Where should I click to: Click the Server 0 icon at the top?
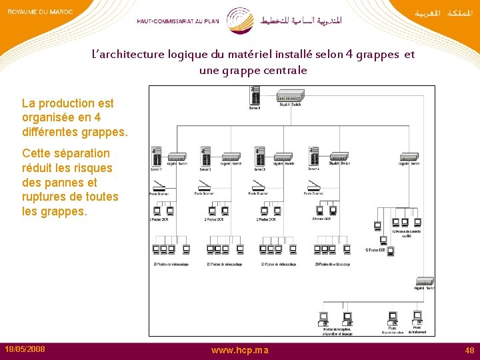[255, 98]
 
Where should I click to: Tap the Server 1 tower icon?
[157, 157]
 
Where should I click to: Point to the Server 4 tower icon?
[313, 157]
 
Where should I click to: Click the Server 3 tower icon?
[259, 157]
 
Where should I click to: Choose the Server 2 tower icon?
[205, 157]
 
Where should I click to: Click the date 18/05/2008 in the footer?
[25, 349]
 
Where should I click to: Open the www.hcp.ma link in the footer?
[240, 350]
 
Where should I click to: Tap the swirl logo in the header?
[239, 20]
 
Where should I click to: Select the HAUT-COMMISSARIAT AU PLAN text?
[178, 21]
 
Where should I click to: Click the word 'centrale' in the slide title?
[285, 70]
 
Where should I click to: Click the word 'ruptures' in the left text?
[46, 197]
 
